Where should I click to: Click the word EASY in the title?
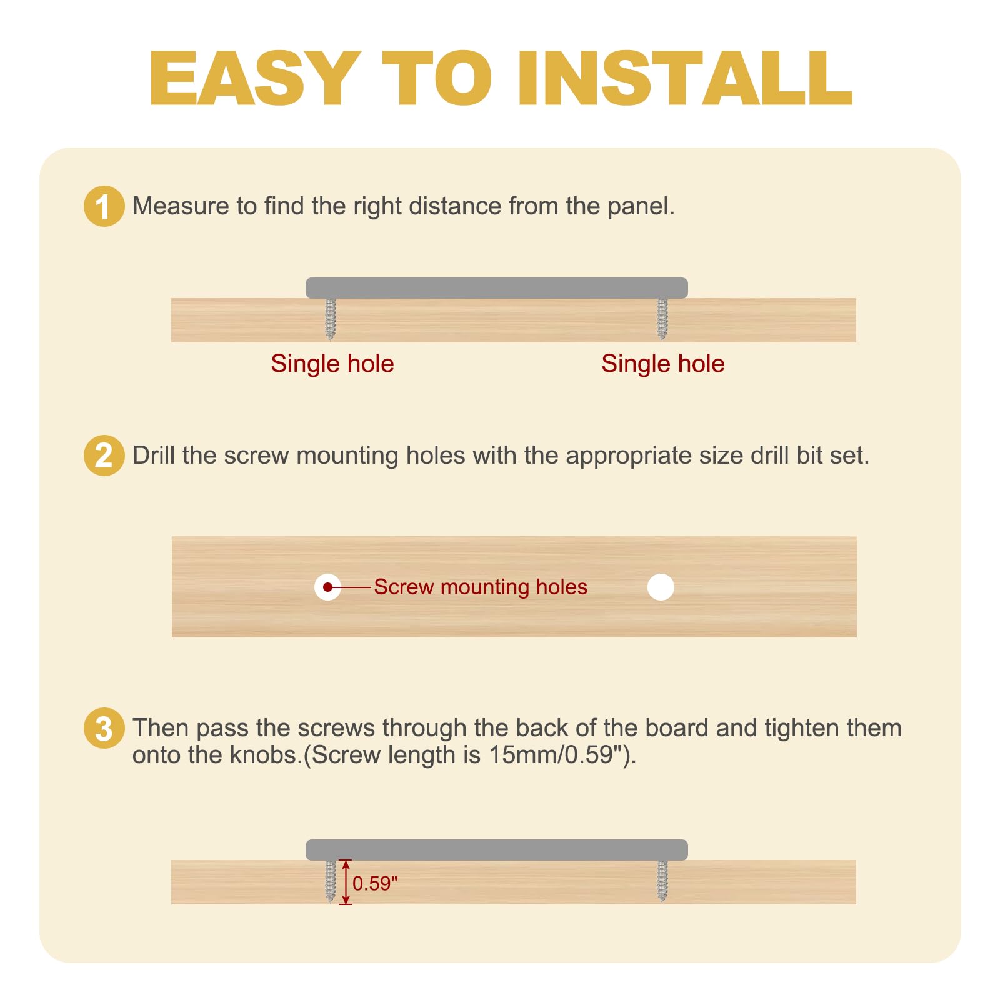pos(255,78)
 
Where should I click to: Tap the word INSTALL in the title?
pos(685,78)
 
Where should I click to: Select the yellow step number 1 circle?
pos(104,206)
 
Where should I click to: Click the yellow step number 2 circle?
pos(104,456)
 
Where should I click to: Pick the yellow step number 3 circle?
pos(104,728)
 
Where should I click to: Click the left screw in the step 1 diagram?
pos(331,319)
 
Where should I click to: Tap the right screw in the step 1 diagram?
pos(662,319)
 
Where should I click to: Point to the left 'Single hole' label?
pos(332,364)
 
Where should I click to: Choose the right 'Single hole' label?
pos(663,364)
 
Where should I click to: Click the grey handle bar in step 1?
pos(497,288)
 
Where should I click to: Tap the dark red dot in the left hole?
pos(327,587)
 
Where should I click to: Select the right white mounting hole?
pos(661,587)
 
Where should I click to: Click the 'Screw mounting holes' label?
pos(481,587)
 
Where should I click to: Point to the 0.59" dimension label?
pos(375,883)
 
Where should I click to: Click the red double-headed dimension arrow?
pos(346,882)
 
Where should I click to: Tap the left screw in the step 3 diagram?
pos(331,881)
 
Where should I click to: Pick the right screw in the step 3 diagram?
pos(662,881)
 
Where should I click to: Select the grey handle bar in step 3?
pos(497,850)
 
